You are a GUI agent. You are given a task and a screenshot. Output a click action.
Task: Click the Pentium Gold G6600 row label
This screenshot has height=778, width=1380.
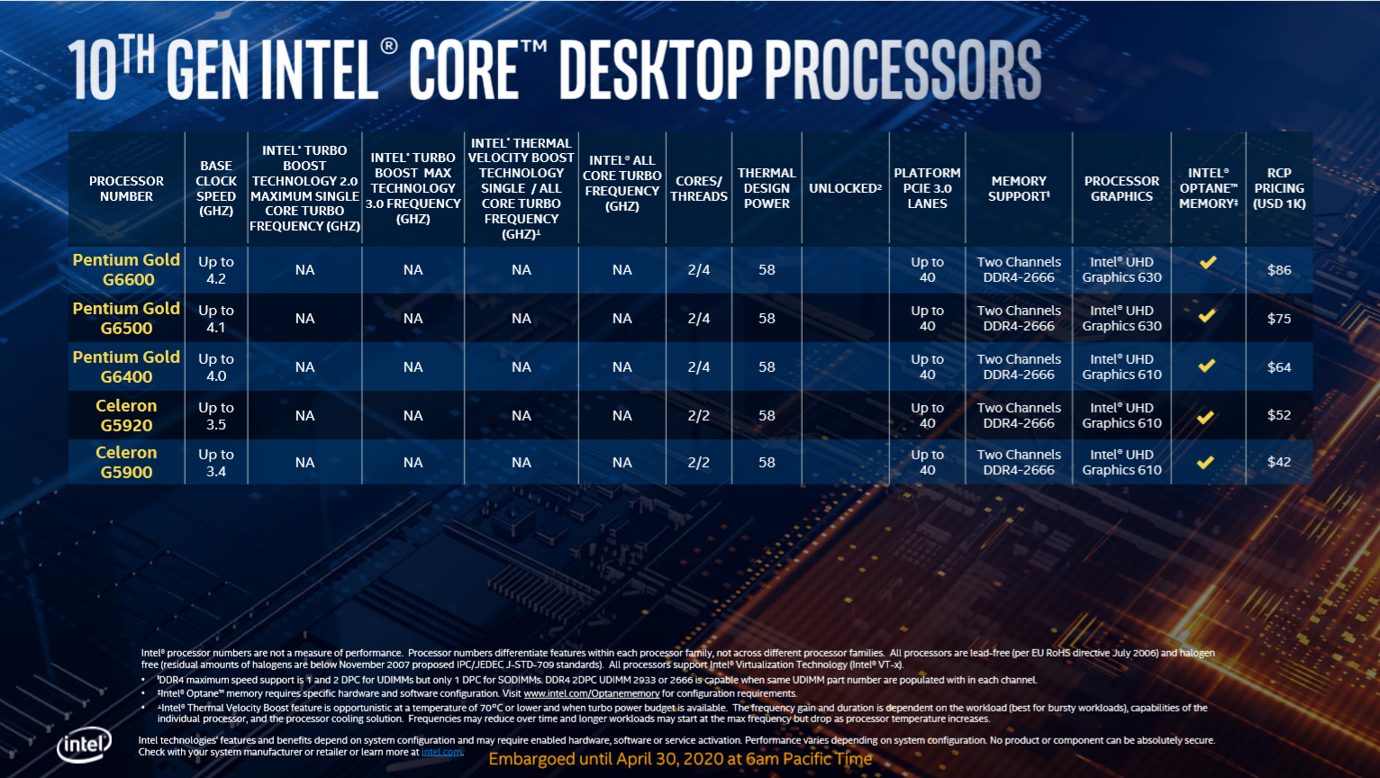[126, 269]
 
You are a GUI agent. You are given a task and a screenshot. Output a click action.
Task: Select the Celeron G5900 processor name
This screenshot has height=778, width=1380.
[126, 462]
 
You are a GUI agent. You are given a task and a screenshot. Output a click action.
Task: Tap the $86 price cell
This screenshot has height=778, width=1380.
[1278, 269]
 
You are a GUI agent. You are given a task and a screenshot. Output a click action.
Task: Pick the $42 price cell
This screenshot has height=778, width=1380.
[1278, 462]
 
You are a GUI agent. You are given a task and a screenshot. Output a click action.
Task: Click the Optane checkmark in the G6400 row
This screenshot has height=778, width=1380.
[1207, 366]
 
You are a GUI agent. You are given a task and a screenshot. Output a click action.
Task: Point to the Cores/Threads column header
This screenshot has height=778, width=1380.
[698, 188]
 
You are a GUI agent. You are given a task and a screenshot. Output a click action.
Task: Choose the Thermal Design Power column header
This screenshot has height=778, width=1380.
[767, 188]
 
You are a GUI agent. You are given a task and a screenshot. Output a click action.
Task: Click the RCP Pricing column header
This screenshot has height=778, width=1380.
[1278, 188]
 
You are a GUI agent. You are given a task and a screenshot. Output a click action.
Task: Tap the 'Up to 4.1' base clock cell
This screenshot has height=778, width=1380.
[216, 319]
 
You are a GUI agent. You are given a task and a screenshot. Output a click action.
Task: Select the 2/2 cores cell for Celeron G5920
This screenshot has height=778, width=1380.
[698, 415]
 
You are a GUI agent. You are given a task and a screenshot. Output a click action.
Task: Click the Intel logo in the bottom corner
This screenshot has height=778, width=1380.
[84, 745]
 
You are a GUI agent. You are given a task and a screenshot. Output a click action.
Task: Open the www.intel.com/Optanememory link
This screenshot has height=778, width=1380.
[591, 693]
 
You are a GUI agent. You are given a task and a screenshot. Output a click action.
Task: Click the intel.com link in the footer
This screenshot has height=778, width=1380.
[441, 752]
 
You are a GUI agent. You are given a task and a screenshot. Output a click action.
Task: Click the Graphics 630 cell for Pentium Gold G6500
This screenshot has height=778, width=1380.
[1121, 319]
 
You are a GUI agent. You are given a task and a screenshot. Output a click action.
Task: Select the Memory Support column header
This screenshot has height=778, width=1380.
[1019, 188]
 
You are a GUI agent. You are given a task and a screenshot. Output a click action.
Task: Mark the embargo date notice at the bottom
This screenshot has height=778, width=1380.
[680, 759]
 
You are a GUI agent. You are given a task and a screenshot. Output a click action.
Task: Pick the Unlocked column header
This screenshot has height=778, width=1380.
[844, 188]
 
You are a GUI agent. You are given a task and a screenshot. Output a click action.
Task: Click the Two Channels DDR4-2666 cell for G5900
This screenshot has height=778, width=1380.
[1019, 462]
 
